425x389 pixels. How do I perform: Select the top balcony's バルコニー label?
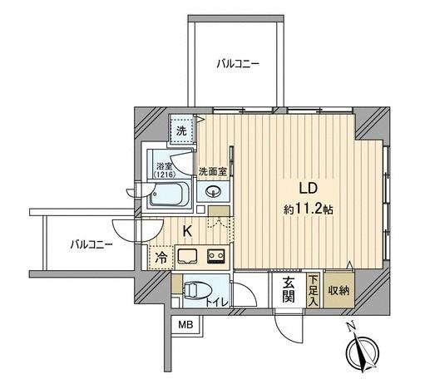237,62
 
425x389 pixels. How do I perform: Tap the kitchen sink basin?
187,256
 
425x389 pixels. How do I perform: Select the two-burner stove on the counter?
216,256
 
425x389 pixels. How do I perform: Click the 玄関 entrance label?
289,289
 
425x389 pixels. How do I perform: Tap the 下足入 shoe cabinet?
313,289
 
